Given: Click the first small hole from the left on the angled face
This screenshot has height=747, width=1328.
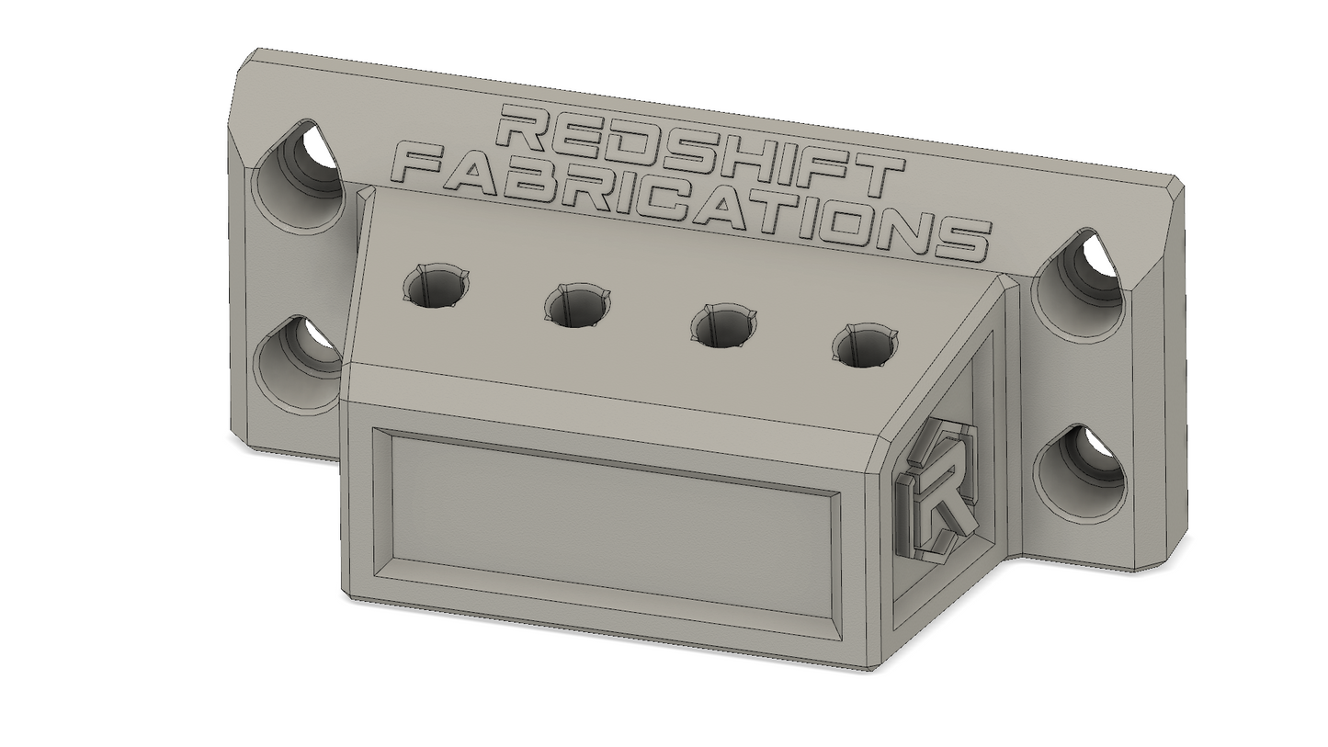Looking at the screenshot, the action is click(435, 286).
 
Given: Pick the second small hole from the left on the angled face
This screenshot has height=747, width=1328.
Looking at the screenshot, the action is click(577, 306).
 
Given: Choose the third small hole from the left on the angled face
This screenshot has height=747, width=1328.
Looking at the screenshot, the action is click(723, 326).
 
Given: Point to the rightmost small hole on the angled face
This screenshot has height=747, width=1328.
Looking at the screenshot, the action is click(865, 345).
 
